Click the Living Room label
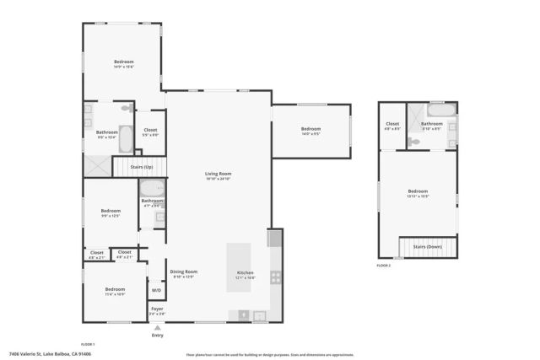point(218,174)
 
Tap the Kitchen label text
point(245,273)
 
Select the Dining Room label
point(183,271)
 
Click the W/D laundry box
point(156,290)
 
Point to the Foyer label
point(157,309)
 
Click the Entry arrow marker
point(157,327)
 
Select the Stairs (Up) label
point(141,168)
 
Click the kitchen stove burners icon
point(275,277)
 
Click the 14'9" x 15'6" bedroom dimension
point(124,67)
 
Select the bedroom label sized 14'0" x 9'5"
point(310,129)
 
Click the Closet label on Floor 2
point(392,124)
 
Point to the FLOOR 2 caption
point(385,266)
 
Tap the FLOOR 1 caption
point(88,345)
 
